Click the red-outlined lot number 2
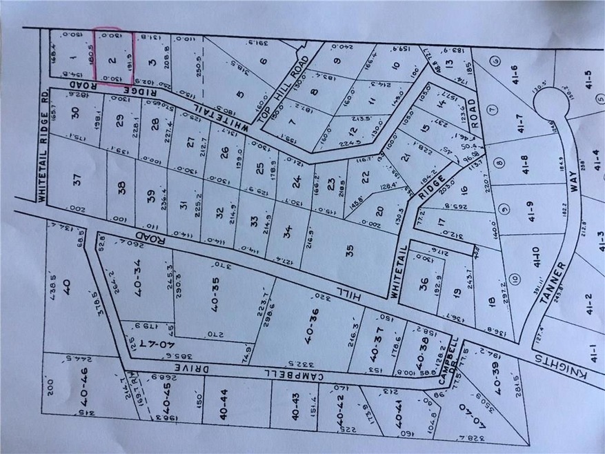(112, 58)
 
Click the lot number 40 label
(67, 285)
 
